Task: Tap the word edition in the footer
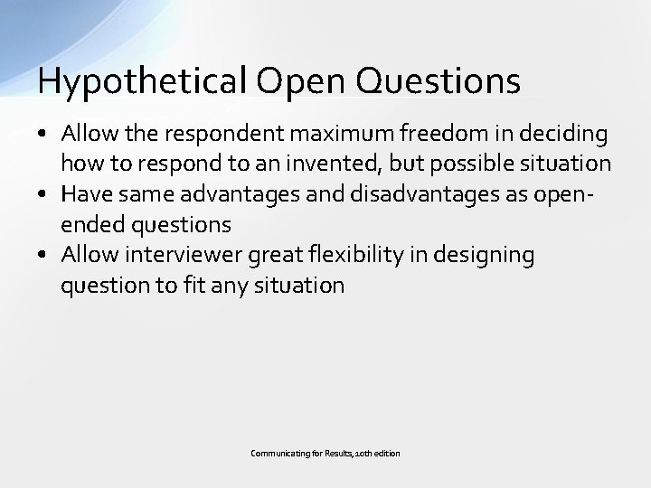pos(386,452)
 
